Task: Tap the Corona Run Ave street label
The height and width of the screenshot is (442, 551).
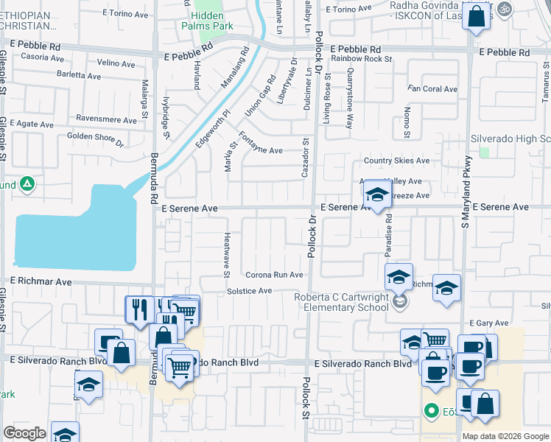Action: point(274,275)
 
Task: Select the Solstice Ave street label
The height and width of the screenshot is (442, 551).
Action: point(250,291)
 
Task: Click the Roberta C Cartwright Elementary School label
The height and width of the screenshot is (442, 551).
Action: point(341,302)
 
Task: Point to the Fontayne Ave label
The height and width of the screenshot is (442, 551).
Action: point(261,144)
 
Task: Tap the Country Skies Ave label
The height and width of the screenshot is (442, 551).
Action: point(396,161)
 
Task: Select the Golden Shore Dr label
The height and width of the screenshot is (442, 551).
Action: point(95,138)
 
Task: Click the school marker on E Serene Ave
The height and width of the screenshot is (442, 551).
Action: point(377,195)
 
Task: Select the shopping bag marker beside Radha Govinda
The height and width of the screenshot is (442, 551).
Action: point(477,15)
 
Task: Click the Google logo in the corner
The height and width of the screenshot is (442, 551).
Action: point(24,434)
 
